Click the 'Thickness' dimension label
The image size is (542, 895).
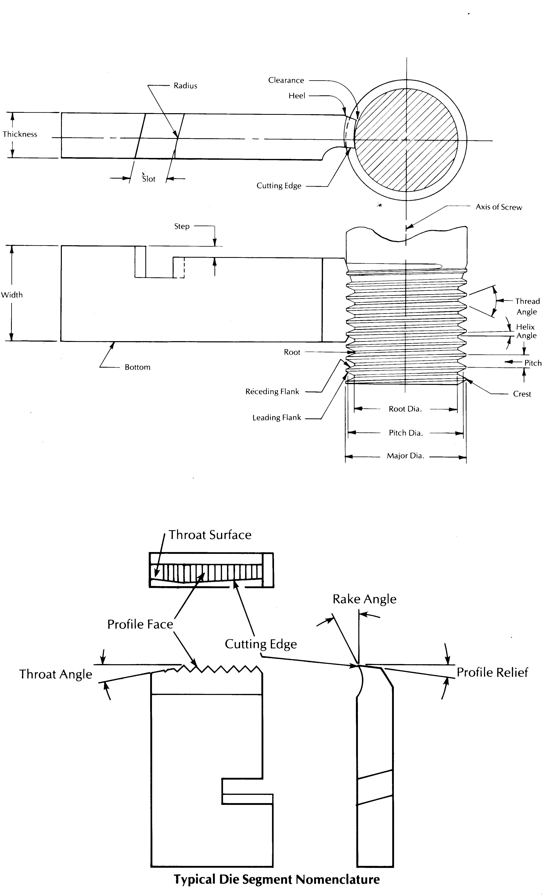(x=20, y=134)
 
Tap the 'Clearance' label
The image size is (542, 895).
(x=286, y=80)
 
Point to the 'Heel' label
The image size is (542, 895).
(x=297, y=96)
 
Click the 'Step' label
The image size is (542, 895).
(x=182, y=226)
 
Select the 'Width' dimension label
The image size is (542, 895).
(x=12, y=295)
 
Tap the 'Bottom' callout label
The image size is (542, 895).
(x=137, y=367)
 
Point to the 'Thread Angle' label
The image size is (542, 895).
(x=527, y=307)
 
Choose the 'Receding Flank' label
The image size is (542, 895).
(x=272, y=392)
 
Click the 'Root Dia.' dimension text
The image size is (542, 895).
(x=405, y=409)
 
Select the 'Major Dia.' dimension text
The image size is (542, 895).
(x=405, y=456)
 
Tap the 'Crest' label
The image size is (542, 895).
(x=522, y=394)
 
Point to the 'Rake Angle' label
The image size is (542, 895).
(x=364, y=599)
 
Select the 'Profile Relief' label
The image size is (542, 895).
(x=492, y=672)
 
